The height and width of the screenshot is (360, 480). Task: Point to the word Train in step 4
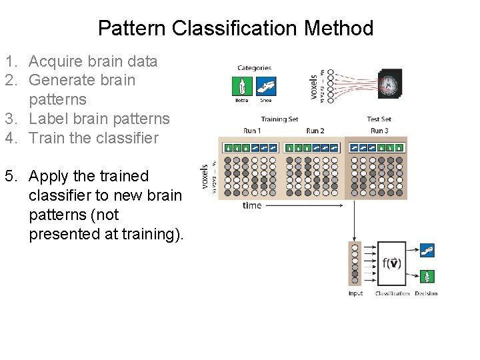(x=47, y=138)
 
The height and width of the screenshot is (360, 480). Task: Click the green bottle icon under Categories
(x=241, y=86)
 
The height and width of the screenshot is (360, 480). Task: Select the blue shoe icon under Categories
(x=266, y=86)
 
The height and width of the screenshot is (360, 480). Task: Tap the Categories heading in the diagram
(x=254, y=68)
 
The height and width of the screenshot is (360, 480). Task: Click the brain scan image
(x=388, y=85)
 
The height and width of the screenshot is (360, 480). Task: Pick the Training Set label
(x=279, y=120)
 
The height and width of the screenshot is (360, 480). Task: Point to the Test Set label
(x=379, y=120)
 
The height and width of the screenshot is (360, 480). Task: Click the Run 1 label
(x=251, y=130)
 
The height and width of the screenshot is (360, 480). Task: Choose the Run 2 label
(x=315, y=130)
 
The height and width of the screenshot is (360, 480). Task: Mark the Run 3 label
(x=379, y=130)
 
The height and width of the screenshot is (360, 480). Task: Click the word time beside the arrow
(x=252, y=205)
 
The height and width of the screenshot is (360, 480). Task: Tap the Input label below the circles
(x=356, y=293)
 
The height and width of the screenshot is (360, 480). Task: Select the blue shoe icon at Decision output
(x=427, y=251)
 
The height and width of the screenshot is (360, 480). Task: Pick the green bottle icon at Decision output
(x=427, y=276)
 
